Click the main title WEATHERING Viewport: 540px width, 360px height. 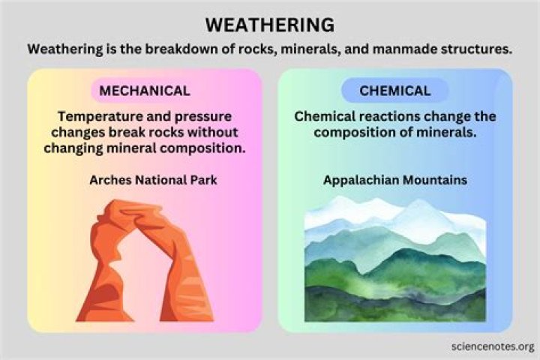270,25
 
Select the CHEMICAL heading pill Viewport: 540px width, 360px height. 394,91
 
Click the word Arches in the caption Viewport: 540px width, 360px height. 111,181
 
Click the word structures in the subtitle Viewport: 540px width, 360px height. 474,49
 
